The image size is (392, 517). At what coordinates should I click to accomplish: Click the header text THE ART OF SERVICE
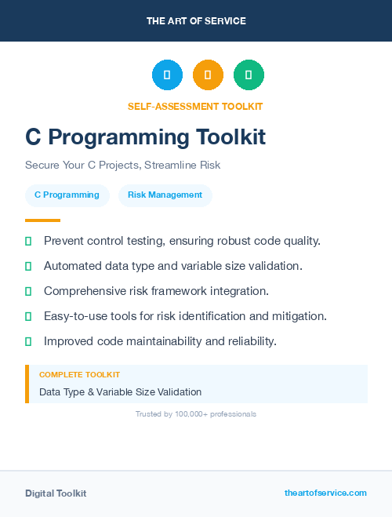click(196, 21)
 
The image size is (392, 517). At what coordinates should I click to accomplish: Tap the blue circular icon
click(167, 75)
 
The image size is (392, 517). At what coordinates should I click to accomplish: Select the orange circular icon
click(208, 75)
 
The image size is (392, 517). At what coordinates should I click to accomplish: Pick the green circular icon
click(249, 75)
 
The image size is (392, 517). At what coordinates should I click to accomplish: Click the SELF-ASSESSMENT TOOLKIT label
click(195, 107)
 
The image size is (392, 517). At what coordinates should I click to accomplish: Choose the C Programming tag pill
click(67, 195)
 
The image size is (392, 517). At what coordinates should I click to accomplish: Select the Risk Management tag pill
click(165, 195)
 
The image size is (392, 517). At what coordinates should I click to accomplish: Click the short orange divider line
click(42, 220)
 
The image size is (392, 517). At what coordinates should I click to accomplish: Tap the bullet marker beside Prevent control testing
click(28, 241)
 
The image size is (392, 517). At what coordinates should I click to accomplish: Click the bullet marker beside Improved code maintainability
click(28, 341)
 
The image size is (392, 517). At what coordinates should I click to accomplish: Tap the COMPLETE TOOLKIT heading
click(79, 375)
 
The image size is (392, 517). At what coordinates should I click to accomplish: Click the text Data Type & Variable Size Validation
click(120, 391)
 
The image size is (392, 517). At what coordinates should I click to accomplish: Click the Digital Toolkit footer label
click(56, 493)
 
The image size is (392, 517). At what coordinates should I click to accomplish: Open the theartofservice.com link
click(325, 493)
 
